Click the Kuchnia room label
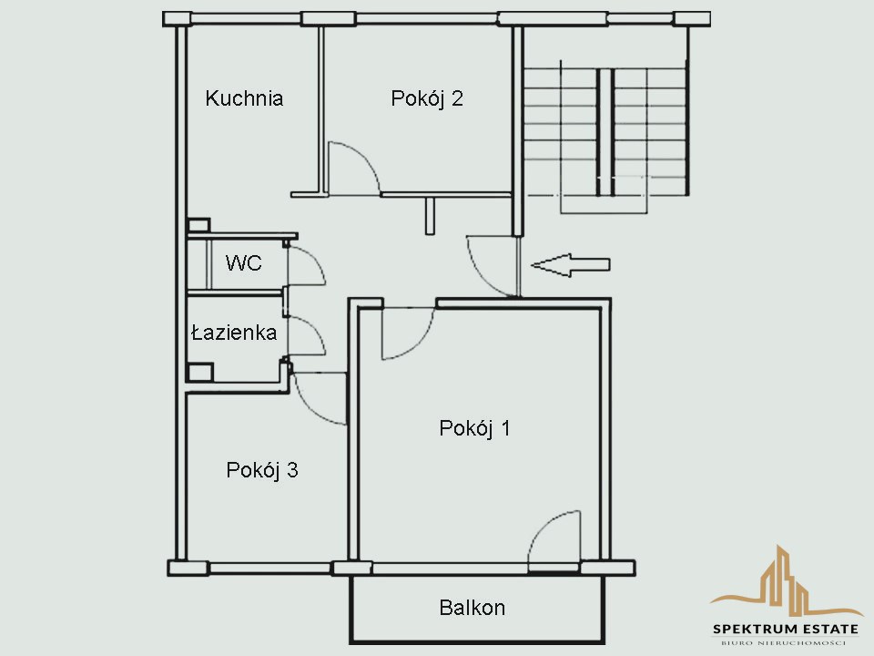[244, 98]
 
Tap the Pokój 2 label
[427, 98]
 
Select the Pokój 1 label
[474, 428]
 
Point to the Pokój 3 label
[262, 470]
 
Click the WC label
[244, 262]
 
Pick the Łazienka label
[234, 333]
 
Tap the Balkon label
[473, 608]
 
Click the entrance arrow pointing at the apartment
[571, 265]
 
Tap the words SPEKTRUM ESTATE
[786, 630]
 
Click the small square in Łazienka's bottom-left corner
[199, 372]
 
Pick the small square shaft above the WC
[198, 225]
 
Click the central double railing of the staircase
[605, 132]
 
